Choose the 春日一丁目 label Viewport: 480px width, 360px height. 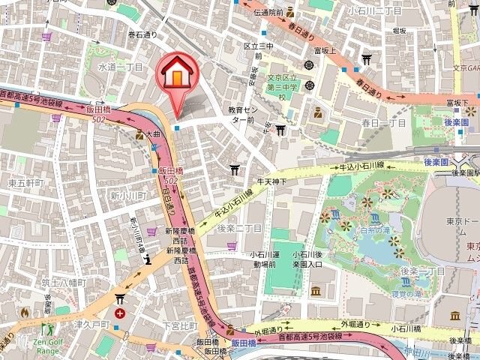pyautogui.click(x=383, y=122)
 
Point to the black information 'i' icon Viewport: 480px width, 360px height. pyautogui.click(x=149, y=260)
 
